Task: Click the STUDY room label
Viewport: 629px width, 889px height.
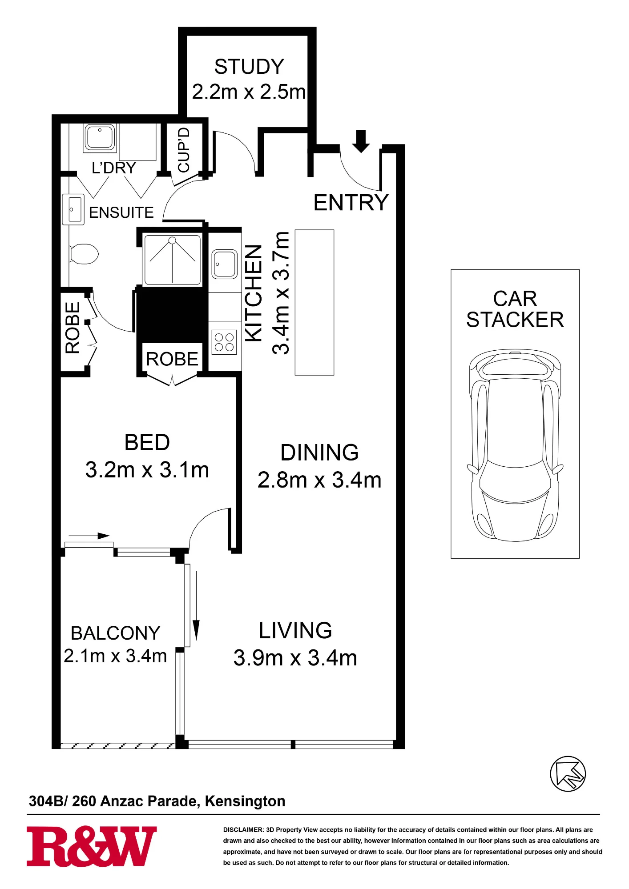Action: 249,67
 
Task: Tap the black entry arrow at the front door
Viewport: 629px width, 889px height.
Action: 361,141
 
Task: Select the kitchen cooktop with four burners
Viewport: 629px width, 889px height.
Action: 224,342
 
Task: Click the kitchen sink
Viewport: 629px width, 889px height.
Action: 225,264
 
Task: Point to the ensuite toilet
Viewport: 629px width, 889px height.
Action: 84,254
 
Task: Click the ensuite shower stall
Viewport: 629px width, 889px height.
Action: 172,260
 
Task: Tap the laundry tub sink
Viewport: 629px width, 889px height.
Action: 100,137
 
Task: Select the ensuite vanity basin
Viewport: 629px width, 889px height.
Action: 73,209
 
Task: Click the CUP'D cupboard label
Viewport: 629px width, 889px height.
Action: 184,150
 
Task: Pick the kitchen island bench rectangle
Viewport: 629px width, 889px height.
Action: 314,302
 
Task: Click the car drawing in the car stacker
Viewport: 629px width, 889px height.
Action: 515,445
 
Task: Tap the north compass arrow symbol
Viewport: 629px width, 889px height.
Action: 568,774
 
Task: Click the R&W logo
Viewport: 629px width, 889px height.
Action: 92,846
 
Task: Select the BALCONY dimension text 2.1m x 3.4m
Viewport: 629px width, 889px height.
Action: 115,656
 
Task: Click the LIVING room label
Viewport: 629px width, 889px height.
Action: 295,630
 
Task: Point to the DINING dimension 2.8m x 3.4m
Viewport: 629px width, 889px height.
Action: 319,480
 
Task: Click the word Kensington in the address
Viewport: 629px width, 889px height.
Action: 245,801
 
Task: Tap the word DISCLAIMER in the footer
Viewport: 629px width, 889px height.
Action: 243,830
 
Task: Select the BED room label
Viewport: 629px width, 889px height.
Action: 147,443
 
